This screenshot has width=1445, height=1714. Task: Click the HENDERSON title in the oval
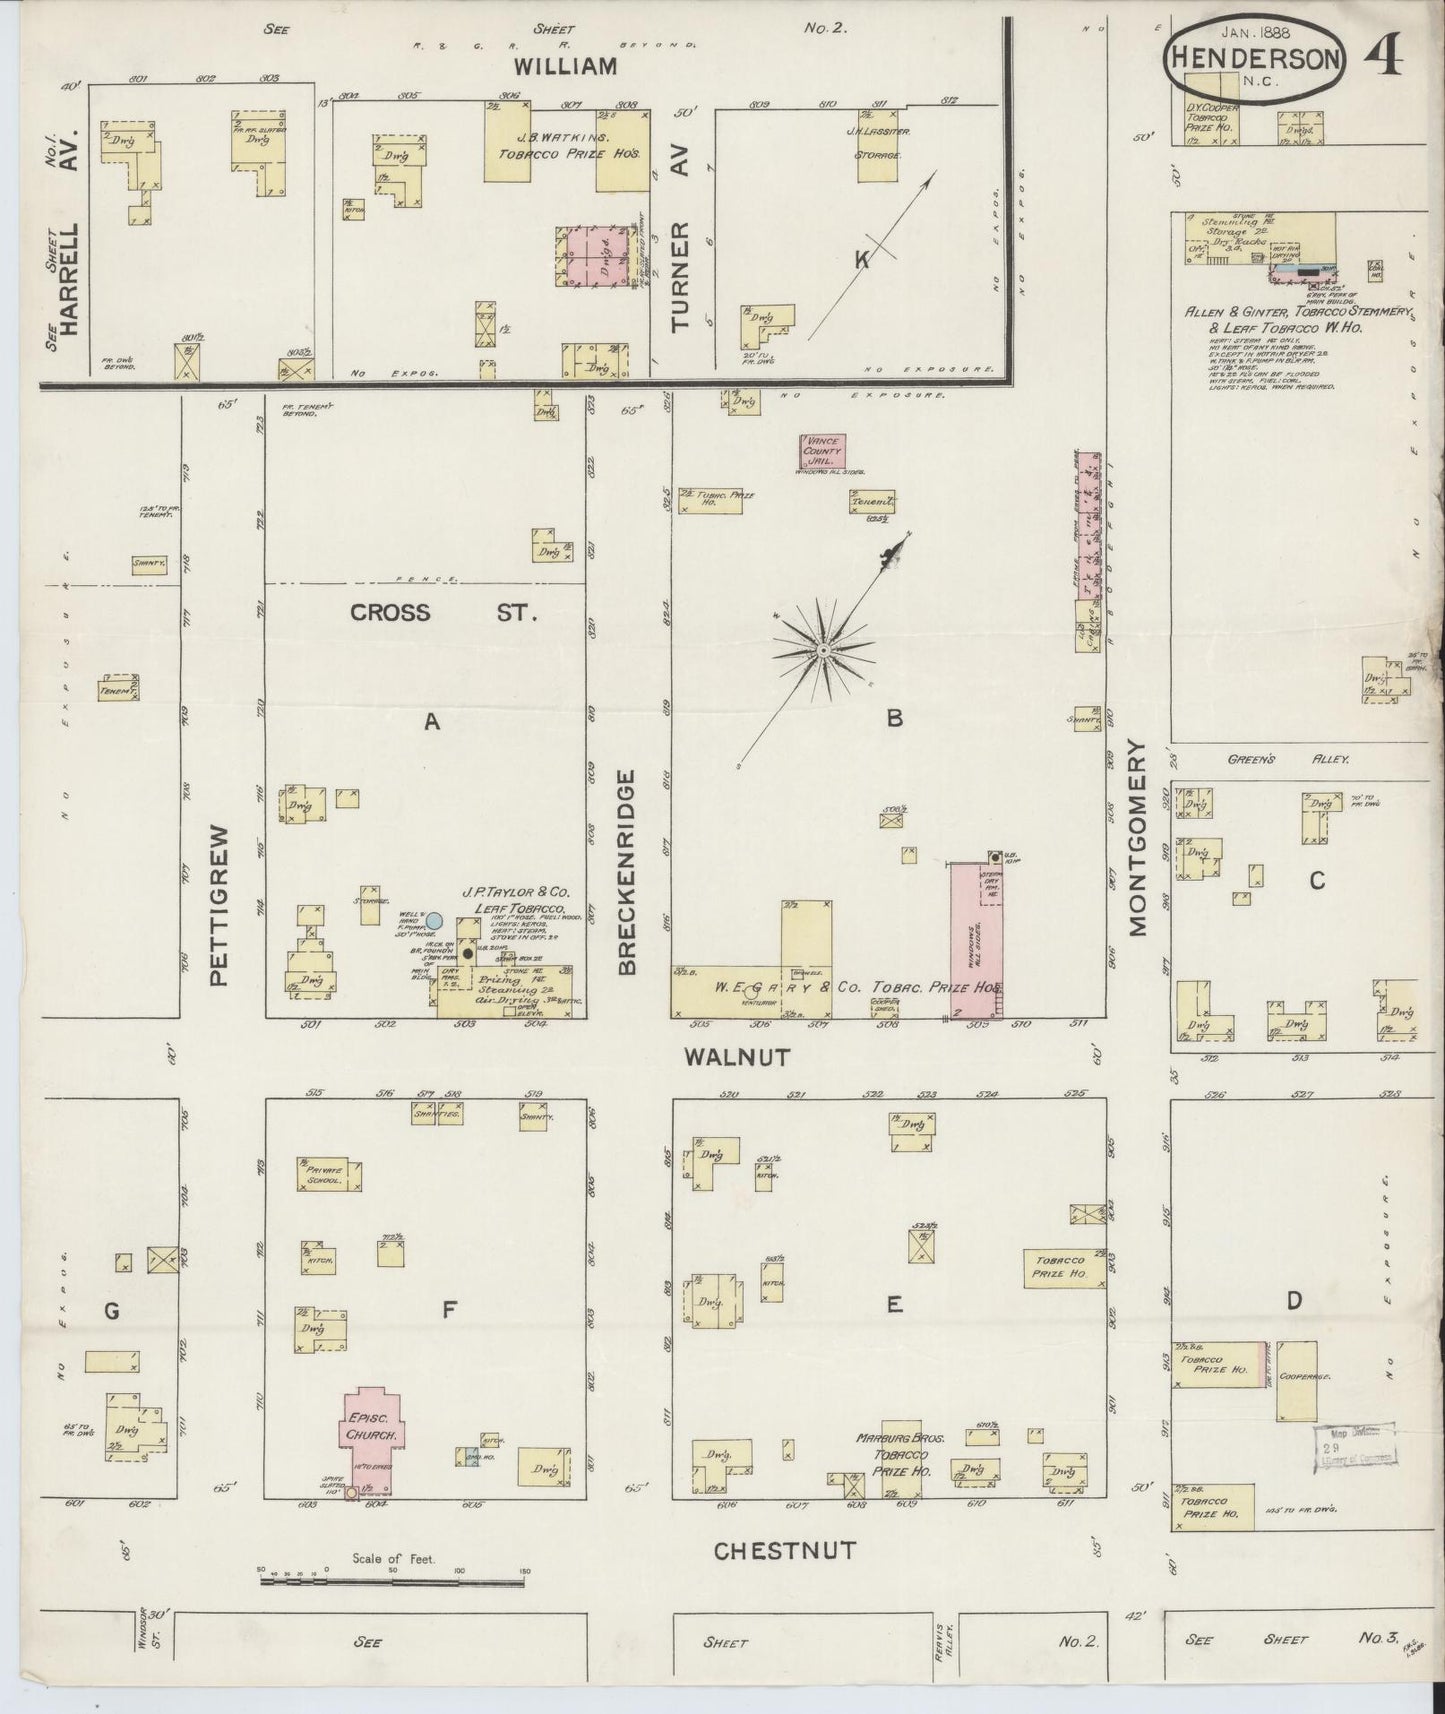[x=1254, y=59]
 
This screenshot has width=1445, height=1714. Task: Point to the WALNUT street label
[x=737, y=1056]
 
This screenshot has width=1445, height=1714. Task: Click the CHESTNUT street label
[x=785, y=1551]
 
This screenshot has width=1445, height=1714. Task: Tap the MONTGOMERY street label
[x=1136, y=837]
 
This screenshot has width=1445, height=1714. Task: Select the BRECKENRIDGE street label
[x=627, y=872]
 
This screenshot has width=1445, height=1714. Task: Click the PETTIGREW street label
[x=221, y=905]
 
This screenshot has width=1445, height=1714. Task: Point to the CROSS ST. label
[x=444, y=612]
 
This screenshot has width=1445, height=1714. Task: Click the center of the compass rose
[x=822, y=650]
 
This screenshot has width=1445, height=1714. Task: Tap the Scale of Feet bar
[x=392, y=1581]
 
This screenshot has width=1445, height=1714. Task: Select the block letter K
[x=860, y=260]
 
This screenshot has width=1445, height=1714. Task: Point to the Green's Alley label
[x=1289, y=760]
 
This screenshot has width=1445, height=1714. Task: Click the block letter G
[x=111, y=1310]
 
